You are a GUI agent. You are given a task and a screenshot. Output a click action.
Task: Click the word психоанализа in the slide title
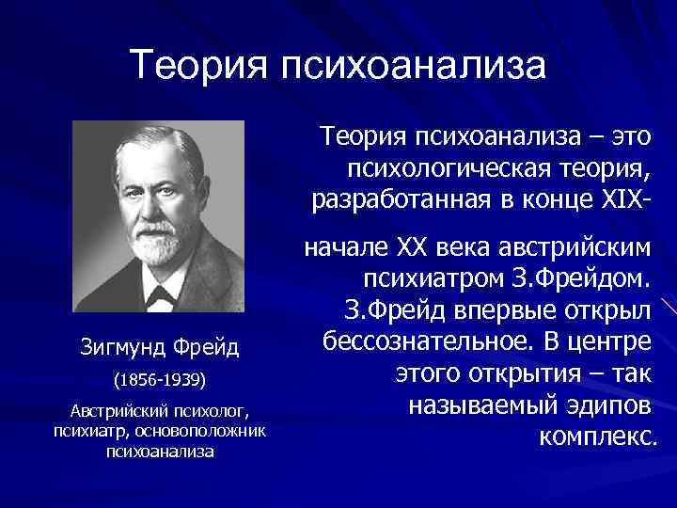pyautogui.click(x=409, y=67)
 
